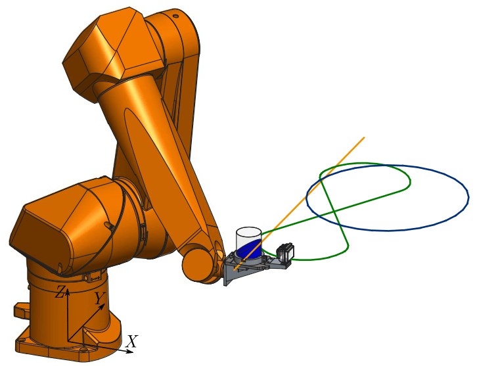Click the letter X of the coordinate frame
click(132, 341)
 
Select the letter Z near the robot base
click(60, 292)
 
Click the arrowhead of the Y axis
click(102, 306)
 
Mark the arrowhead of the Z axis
click(68, 292)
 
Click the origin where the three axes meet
click(68, 341)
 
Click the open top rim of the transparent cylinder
click(249, 231)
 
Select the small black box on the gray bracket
click(285, 252)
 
